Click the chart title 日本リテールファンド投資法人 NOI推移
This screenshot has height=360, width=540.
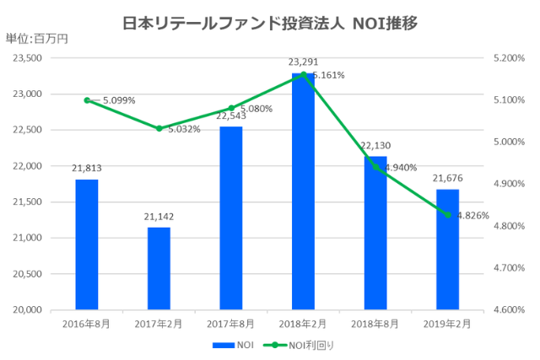pyautogui.click(x=269, y=19)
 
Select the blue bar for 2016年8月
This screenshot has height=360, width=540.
pyautogui.click(x=86, y=244)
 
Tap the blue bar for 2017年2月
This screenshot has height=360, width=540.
pyautogui.click(x=159, y=268)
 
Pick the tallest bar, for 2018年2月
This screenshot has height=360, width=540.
pyautogui.click(x=303, y=191)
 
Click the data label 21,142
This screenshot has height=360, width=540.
pyautogui.click(x=159, y=217)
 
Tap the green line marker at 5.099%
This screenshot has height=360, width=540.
pyautogui.click(x=87, y=100)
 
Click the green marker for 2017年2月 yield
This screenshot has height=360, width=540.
pyautogui.click(x=159, y=128)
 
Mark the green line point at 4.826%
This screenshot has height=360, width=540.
pyautogui.click(x=447, y=215)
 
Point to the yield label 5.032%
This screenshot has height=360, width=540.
pyautogui.click(x=184, y=129)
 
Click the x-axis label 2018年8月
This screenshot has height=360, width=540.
pyautogui.click(x=375, y=324)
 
